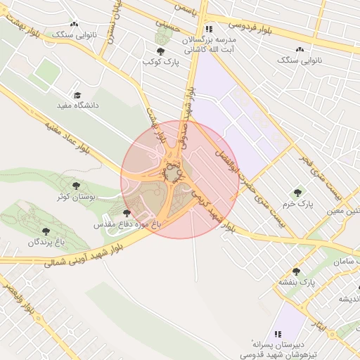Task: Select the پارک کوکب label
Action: [x=162, y=63]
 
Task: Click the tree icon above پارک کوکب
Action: [x=161, y=51]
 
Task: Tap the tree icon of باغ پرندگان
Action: [x=46, y=231]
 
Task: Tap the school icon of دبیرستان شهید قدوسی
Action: [x=278, y=333]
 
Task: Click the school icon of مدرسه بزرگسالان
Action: [x=208, y=30]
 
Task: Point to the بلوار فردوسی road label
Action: [x=250, y=27]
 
